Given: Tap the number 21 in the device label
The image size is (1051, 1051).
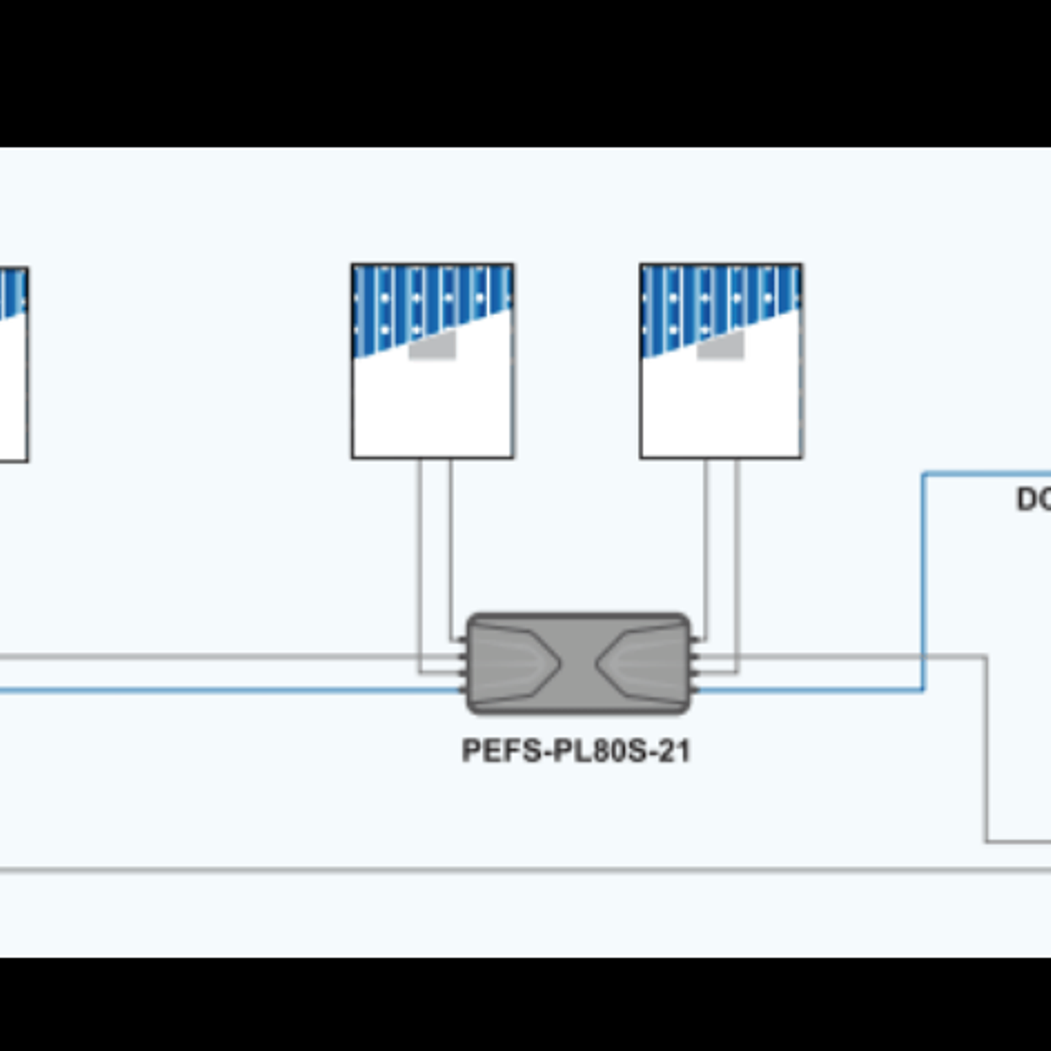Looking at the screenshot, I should click(x=675, y=751).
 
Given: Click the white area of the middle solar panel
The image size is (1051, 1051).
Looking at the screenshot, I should click(x=433, y=409).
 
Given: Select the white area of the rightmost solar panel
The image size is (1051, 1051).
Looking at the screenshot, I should click(x=721, y=409).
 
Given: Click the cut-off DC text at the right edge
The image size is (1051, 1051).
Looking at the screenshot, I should click(x=1033, y=500).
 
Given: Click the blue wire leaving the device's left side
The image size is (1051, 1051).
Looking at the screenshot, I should click(x=219, y=690).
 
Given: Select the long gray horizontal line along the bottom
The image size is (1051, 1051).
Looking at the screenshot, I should click(x=512, y=870).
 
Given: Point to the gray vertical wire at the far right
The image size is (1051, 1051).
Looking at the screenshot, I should click(x=987, y=753).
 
